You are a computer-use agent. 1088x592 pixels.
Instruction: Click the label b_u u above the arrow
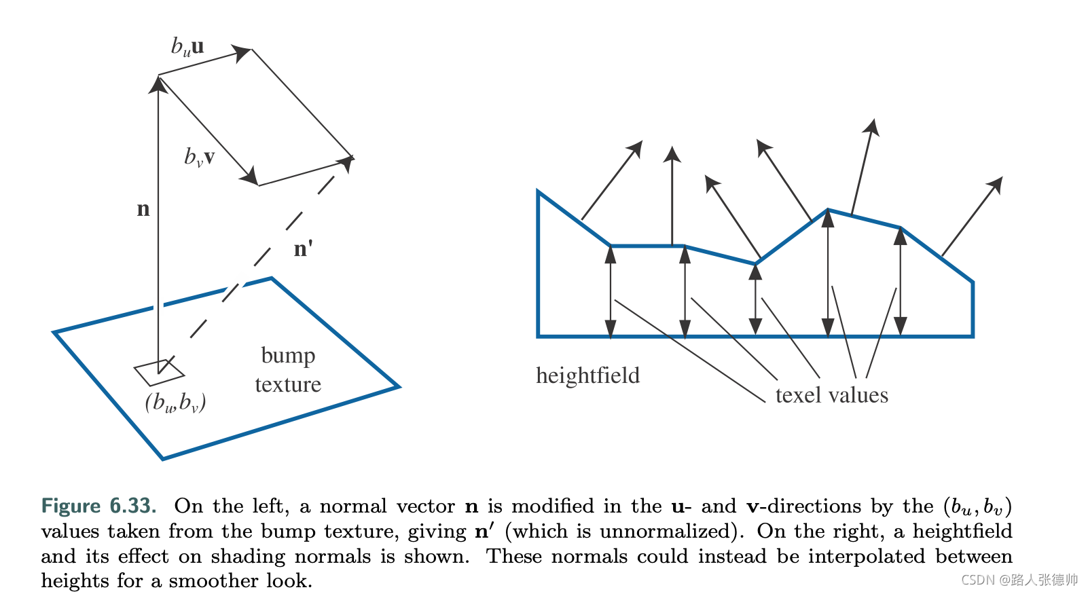click(187, 47)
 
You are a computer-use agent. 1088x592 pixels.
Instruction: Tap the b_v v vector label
click(200, 158)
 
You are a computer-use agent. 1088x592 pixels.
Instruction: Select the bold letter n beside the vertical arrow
click(143, 209)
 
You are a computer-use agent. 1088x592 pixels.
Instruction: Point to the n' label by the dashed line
click(303, 248)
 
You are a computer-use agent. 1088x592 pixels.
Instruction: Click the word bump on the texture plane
click(288, 356)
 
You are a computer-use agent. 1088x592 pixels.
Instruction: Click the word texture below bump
click(288, 385)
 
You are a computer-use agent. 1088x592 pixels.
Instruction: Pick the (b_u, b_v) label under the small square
click(175, 403)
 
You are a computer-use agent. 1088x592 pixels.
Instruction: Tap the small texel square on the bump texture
click(160, 372)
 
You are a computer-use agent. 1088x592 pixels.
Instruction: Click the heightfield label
click(587, 375)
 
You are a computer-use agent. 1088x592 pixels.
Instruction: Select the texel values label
click(831, 395)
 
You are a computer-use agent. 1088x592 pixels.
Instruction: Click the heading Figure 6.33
click(98, 506)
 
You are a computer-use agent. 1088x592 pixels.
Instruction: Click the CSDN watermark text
click(1019, 580)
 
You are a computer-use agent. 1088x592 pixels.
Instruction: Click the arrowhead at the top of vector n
click(158, 83)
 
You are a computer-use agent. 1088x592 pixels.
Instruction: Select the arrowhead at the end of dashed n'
click(347, 162)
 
